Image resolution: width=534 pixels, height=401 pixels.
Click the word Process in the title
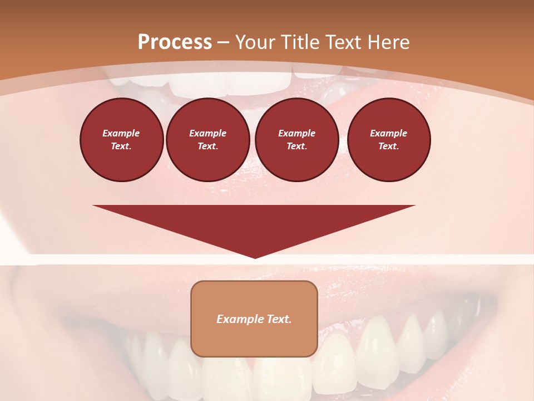pos(175,42)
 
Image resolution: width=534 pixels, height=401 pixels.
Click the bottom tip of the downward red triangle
pos(255,257)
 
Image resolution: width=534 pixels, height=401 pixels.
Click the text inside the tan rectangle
pos(254,319)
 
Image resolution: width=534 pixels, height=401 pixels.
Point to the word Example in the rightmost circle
pos(388,133)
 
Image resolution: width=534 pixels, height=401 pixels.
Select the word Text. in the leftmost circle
pos(121,146)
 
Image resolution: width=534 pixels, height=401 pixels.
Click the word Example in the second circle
pos(207,133)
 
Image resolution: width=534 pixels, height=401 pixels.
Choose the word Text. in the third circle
pos(296,146)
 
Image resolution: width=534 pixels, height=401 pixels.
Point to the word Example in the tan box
pos(238,319)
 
